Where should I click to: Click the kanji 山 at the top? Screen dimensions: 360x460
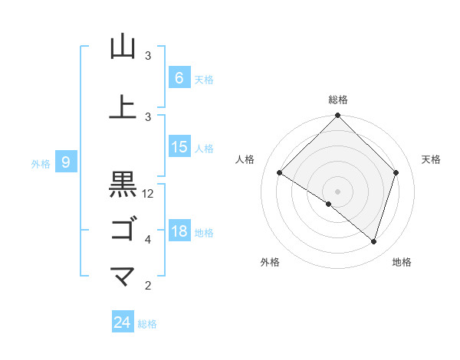pyautogui.click(x=123, y=47)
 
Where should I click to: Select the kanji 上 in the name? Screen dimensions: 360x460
pyautogui.click(x=123, y=107)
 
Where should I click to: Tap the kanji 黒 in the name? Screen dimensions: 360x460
pyautogui.click(x=123, y=185)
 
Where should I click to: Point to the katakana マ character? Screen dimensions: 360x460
pyautogui.click(x=123, y=277)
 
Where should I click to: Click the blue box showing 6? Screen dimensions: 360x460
pyautogui.click(x=179, y=77)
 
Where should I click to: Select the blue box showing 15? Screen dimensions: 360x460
pyautogui.click(x=179, y=147)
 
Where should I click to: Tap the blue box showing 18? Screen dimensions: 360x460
pyautogui.click(x=179, y=231)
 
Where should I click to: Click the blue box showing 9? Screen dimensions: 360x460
pyautogui.click(x=67, y=162)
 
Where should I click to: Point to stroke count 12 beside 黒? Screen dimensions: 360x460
pyautogui.click(x=148, y=194)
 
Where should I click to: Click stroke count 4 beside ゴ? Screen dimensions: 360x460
pyautogui.click(x=148, y=240)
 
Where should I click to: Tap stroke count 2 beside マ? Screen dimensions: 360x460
pyautogui.click(x=148, y=286)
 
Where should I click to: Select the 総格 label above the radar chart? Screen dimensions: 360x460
pyautogui.click(x=337, y=100)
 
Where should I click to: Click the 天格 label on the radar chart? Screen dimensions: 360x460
pyautogui.click(x=432, y=159)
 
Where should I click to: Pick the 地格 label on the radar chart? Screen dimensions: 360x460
pyautogui.click(x=402, y=263)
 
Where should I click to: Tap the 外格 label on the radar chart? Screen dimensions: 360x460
pyautogui.click(x=270, y=263)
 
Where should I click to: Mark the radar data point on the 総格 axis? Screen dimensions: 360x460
pyautogui.click(x=337, y=116)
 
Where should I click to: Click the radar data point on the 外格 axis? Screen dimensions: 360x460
pyautogui.click(x=329, y=204)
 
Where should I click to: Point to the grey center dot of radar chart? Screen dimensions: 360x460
pyautogui.click(x=337, y=191)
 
